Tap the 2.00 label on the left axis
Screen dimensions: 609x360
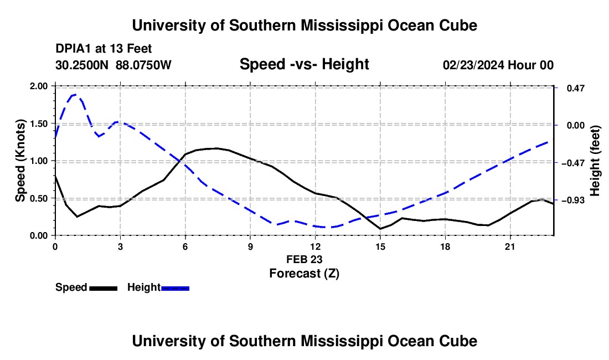point(38,86)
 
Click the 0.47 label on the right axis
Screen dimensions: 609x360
point(576,88)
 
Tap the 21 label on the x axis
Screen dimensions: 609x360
point(510,246)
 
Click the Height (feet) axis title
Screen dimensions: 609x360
point(595,161)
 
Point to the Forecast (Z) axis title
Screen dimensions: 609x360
point(304,273)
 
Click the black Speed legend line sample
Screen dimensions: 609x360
point(104,288)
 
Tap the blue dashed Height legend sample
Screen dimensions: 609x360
point(175,288)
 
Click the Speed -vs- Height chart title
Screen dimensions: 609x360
point(304,64)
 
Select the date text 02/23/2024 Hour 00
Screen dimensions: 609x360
point(498,65)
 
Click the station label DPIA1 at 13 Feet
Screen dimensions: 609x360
point(104,49)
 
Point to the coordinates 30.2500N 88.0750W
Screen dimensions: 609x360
point(113,65)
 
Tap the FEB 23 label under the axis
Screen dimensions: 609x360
point(304,259)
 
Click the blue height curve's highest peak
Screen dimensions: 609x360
point(75,94)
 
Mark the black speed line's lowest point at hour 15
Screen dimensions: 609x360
point(380,229)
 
